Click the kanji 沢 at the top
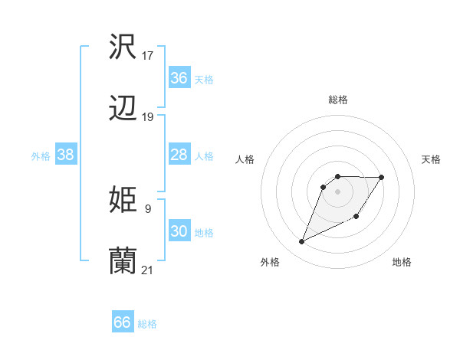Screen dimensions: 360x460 pos(123,47)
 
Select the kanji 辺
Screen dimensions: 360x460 pos(123,110)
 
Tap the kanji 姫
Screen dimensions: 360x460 pos(123,201)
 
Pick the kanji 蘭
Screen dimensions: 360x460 pos(123,261)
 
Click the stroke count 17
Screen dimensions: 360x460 pos(148,55)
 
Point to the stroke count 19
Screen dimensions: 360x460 pos(148,117)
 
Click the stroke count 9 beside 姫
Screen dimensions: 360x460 pos(147,208)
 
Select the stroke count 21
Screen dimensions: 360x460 pos(148,270)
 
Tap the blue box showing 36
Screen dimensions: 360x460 pos(179,78)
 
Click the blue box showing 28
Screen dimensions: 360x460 pos(179,155)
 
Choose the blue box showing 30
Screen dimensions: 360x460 pos(179,231)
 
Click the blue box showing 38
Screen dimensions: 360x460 pos(66,155)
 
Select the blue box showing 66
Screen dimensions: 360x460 pos(123,322)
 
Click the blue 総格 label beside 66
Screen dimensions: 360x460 pos(147,324)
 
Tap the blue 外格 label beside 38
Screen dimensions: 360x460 pos(41,156)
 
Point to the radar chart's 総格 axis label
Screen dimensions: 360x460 pos(337,100)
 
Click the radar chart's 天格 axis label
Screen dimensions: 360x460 pos(432,159)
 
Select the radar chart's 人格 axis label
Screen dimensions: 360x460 pos(245,159)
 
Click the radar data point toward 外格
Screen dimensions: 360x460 pos(302,242)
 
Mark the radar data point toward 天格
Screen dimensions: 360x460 pos(382,178)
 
